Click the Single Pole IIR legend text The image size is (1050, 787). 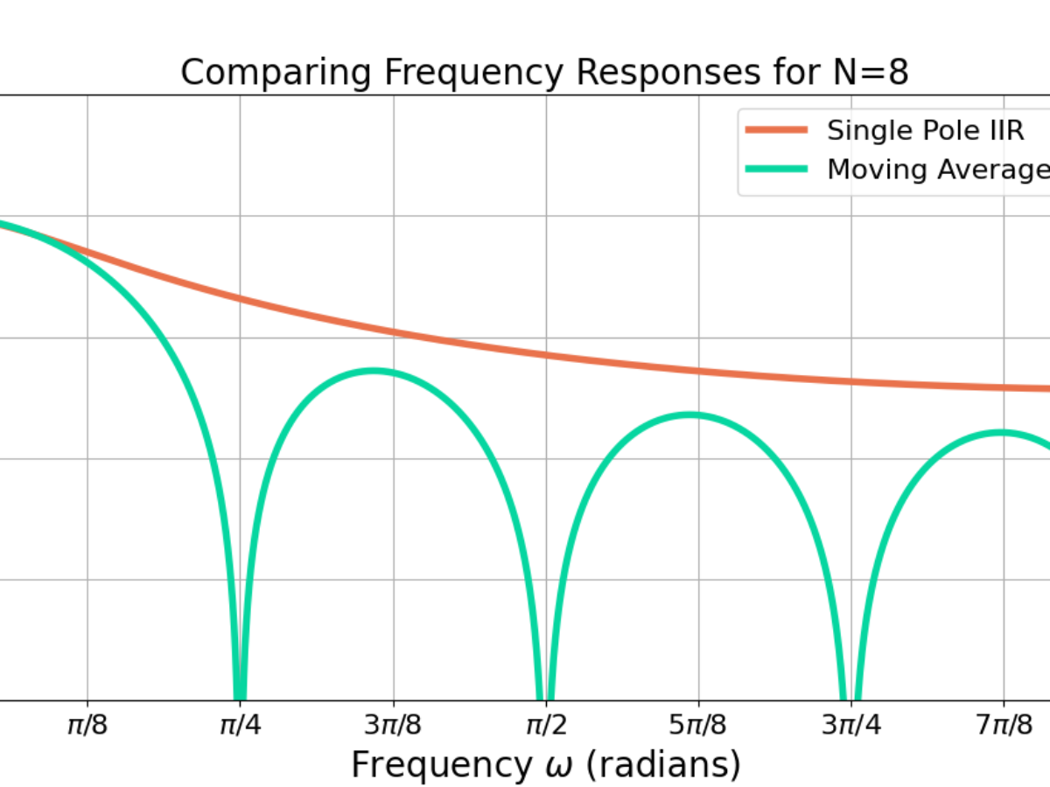925,130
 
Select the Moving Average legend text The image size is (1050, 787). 937,170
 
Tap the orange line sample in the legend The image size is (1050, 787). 775,130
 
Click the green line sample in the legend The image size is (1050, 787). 775,170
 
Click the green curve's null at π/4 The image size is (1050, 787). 240,695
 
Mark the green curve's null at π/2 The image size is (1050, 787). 545,695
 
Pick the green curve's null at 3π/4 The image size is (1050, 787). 850,695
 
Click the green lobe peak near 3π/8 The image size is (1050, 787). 375,371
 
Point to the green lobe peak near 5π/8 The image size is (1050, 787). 690,414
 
